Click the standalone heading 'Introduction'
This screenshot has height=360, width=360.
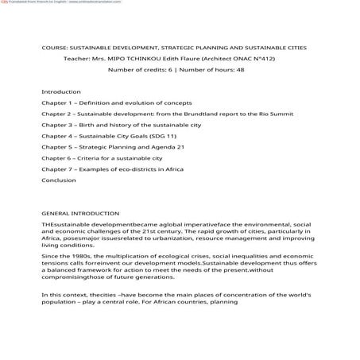pos(61,92)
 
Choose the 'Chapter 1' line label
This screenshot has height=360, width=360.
pos(57,103)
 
